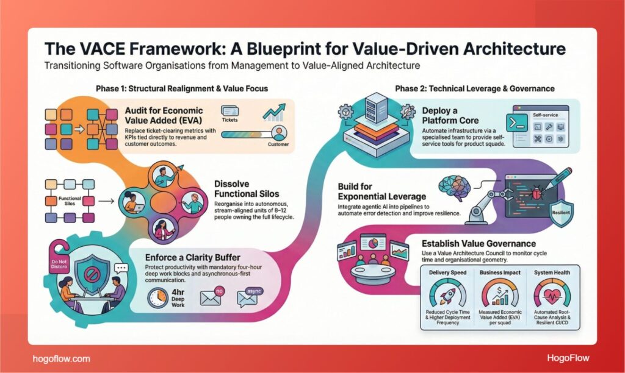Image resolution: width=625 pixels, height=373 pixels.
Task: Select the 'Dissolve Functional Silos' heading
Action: tap(242, 188)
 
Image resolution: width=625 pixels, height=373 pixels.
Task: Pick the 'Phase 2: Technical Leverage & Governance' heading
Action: tap(474, 89)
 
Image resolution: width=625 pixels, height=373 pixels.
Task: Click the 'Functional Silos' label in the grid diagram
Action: tap(62, 201)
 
